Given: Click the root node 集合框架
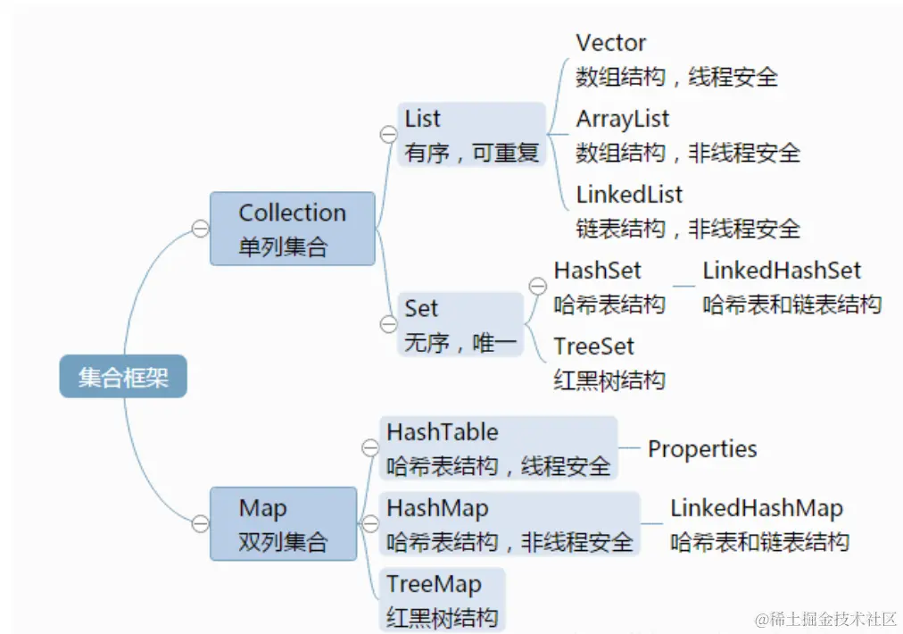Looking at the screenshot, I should (x=123, y=376).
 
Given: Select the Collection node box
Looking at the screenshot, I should (x=292, y=229).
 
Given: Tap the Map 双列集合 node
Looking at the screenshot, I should (x=283, y=523).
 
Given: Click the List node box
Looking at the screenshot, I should (x=471, y=135).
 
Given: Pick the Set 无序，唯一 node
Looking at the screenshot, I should (x=460, y=324).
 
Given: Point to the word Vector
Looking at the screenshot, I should (x=611, y=43).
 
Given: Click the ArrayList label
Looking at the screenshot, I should (x=622, y=119).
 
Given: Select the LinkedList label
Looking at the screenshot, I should (x=629, y=195).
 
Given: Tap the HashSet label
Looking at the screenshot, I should (x=597, y=271).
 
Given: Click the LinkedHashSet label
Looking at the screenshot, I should (x=782, y=271).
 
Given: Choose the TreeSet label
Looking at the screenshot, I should (x=593, y=346).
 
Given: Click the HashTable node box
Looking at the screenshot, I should (x=498, y=447).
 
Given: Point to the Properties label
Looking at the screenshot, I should (x=702, y=449).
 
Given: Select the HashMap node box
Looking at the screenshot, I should (x=509, y=524).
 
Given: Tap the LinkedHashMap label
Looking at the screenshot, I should (x=757, y=509).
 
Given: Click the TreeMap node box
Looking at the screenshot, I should (x=443, y=599).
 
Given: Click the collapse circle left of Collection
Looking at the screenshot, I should (x=200, y=229).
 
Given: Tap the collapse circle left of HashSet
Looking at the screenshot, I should (x=537, y=286).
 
